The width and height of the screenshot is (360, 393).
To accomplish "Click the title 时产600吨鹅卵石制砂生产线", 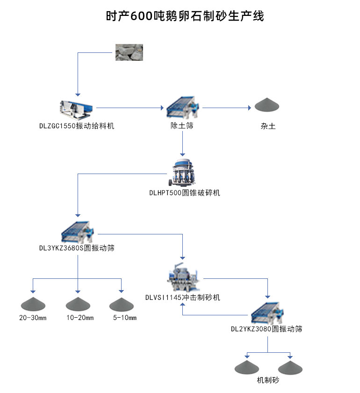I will [x=185, y=16].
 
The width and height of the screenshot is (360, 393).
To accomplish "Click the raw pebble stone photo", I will [x=129, y=52].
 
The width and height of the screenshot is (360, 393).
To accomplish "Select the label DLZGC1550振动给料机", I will [x=77, y=126].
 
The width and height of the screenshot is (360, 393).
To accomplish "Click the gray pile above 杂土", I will [x=267, y=105].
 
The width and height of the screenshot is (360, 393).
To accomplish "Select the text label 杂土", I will [x=268, y=126].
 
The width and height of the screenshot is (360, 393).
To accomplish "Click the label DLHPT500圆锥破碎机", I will [x=184, y=193].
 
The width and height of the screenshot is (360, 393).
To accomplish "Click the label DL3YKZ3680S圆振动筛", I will [x=77, y=248].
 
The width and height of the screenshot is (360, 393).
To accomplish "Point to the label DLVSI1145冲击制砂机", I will [x=182, y=298].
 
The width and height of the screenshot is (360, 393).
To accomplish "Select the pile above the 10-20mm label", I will [x=78, y=304].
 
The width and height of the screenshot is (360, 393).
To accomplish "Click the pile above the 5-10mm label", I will [x=122, y=304].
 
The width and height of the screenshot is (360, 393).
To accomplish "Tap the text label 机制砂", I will [x=268, y=380].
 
